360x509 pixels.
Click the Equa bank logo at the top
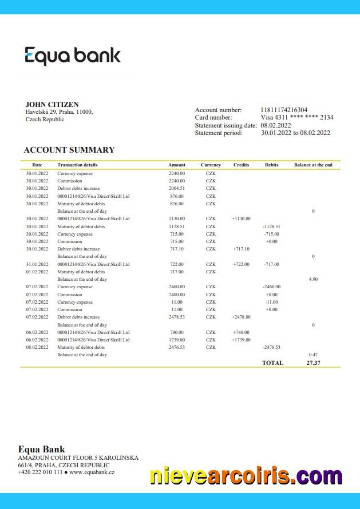point(73,56)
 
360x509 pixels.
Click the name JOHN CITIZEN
point(52,105)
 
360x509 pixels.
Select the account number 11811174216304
point(284,110)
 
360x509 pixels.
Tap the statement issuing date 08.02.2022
point(276,125)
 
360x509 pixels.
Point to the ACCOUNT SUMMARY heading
point(69,150)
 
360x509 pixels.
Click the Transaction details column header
point(77,165)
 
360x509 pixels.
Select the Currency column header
point(211,165)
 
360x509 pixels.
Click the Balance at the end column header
point(313,165)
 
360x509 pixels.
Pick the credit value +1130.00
point(242,218)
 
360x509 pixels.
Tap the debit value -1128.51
point(271,226)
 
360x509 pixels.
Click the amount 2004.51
point(177,188)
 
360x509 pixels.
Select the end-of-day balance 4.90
point(313,279)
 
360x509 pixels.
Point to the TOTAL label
point(272,363)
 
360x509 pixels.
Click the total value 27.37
point(313,363)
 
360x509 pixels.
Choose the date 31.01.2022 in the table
point(37,264)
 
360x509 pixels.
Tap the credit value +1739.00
point(242,340)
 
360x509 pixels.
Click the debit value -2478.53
point(271,347)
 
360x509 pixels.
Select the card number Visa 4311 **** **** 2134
point(297,117)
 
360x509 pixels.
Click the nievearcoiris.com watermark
point(246,476)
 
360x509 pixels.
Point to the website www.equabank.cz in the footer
point(92,472)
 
